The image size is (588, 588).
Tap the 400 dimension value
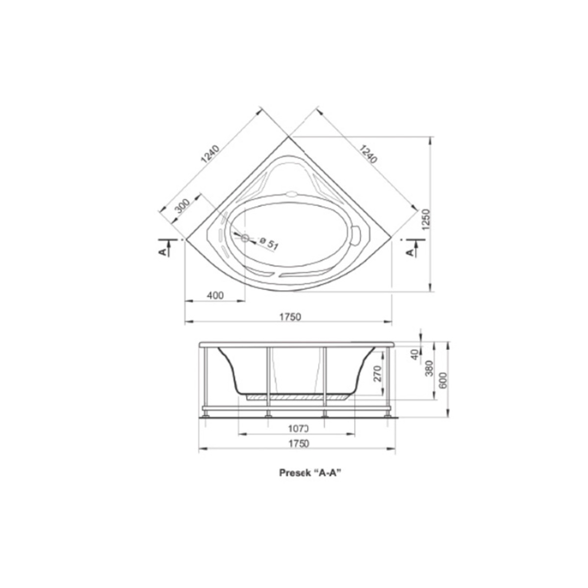coord(215,295)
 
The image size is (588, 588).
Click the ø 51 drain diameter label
coord(269,243)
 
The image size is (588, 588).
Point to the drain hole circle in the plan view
coord(245,238)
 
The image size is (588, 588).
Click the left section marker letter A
coord(163,251)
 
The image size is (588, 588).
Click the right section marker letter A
coord(411,252)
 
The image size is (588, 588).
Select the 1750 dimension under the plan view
coord(290,318)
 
